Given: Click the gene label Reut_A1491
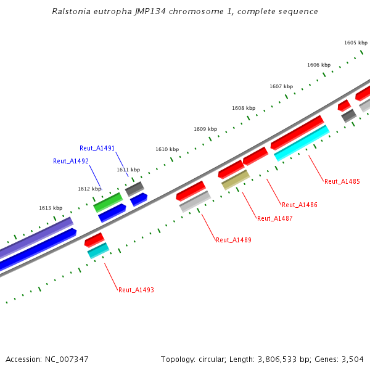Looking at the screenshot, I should pyautogui.click(x=97, y=148).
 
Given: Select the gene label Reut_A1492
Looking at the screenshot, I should pyautogui.click(x=71, y=161).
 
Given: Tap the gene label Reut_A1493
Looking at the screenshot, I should pyautogui.click(x=136, y=290).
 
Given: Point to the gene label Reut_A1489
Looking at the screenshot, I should pyautogui.click(x=234, y=240).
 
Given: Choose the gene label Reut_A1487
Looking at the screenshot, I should pyautogui.click(x=274, y=218).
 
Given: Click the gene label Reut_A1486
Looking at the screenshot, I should pyautogui.click(x=299, y=205).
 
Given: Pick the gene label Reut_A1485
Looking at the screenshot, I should pyautogui.click(x=342, y=181).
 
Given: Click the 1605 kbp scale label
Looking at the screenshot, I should pyautogui.click(x=356, y=43).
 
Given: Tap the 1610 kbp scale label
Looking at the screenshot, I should pyautogui.click(x=166, y=149).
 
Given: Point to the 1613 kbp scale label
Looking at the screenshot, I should pyautogui.click(x=51, y=208).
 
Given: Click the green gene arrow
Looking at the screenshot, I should pyautogui.click(x=108, y=202).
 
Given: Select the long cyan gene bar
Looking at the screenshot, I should pyautogui.click(x=302, y=142).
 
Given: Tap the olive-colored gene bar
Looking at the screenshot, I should pyautogui.click(x=236, y=179).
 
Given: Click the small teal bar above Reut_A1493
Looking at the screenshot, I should pyautogui.click(x=98, y=250).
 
